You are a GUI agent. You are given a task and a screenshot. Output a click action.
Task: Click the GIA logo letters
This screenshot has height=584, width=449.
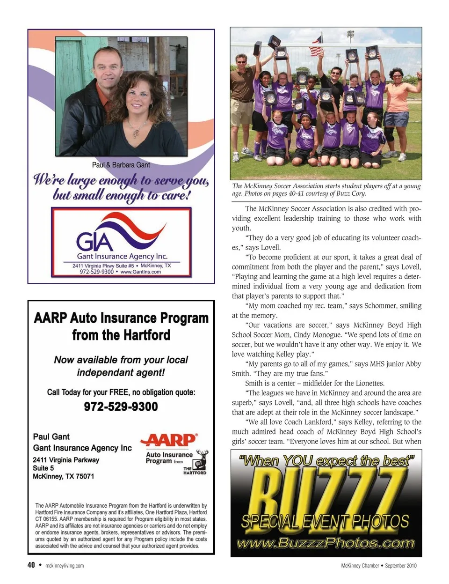click(95, 241)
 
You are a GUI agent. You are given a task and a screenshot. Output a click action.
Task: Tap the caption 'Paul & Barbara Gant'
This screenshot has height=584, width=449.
click(121, 165)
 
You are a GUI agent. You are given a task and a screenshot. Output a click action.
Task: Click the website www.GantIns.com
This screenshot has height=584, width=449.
click(140, 272)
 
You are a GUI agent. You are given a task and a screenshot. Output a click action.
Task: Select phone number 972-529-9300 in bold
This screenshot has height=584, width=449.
click(121, 406)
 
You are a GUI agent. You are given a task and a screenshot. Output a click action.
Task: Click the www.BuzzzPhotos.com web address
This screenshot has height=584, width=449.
click(326, 543)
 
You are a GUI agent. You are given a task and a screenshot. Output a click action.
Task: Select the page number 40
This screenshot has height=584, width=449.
click(31, 565)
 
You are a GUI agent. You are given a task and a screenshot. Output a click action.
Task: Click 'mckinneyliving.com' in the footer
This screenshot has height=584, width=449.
click(65, 566)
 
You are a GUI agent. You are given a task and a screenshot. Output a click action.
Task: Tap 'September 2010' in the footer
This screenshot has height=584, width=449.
click(401, 566)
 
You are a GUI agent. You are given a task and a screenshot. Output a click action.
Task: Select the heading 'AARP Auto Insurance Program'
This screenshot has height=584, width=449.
click(121, 318)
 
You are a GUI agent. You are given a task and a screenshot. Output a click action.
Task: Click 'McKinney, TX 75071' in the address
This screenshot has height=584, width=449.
click(63, 476)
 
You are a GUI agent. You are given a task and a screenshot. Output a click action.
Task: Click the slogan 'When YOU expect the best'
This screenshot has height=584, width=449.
click(326, 461)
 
